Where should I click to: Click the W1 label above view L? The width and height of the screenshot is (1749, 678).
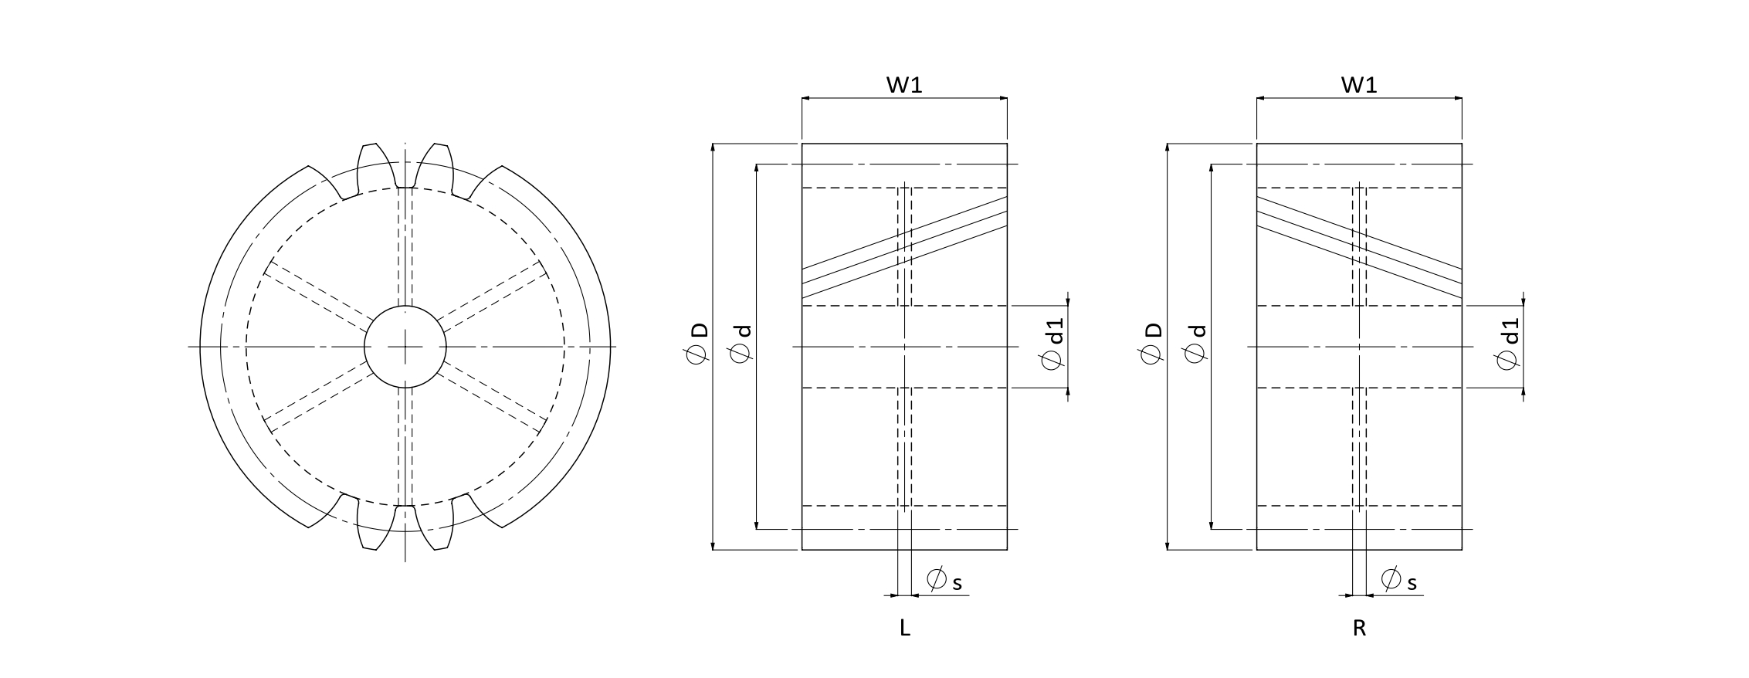pyautogui.click(x=904, y=84)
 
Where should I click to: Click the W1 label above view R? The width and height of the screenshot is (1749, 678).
pyautogui.click(x=1359, y=84)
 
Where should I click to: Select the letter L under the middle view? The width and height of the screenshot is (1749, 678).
pyautogui.click(x=905, y=629)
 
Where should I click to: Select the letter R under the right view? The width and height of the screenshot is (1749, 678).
pyautogui.click(x=1360, y=629)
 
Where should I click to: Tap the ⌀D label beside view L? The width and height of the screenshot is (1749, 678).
pyautogui.click(x=697, y=343)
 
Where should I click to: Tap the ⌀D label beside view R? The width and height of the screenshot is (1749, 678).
pyautogui.click(x=1151, y=343)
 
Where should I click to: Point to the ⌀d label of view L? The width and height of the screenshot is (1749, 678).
pyautogui.click(x=741, y=343)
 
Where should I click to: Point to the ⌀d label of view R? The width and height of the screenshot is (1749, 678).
pyautogui.click(x=1195, y=343)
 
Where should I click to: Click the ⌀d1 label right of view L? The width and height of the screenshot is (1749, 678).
pyautogui.click(x=1053, y=344)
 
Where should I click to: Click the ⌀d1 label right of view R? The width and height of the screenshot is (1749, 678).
pyautogui.click(x=1508, y=344)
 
